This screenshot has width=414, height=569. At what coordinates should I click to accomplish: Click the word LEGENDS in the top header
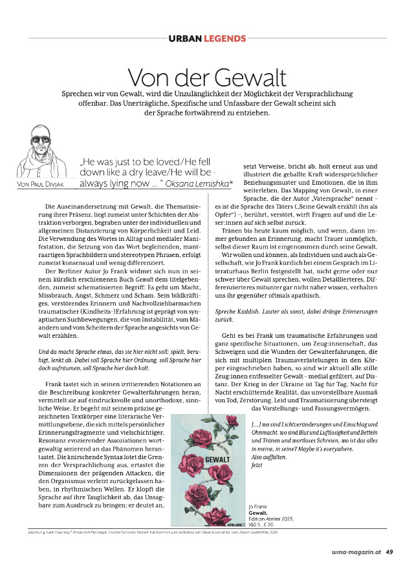[226, 39]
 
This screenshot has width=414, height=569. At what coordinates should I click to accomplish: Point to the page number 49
[389, 552]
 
